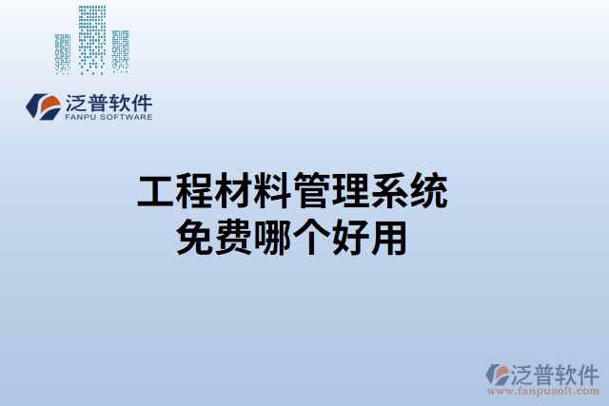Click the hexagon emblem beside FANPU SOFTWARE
[43, 106]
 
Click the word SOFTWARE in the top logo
[128, 118]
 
